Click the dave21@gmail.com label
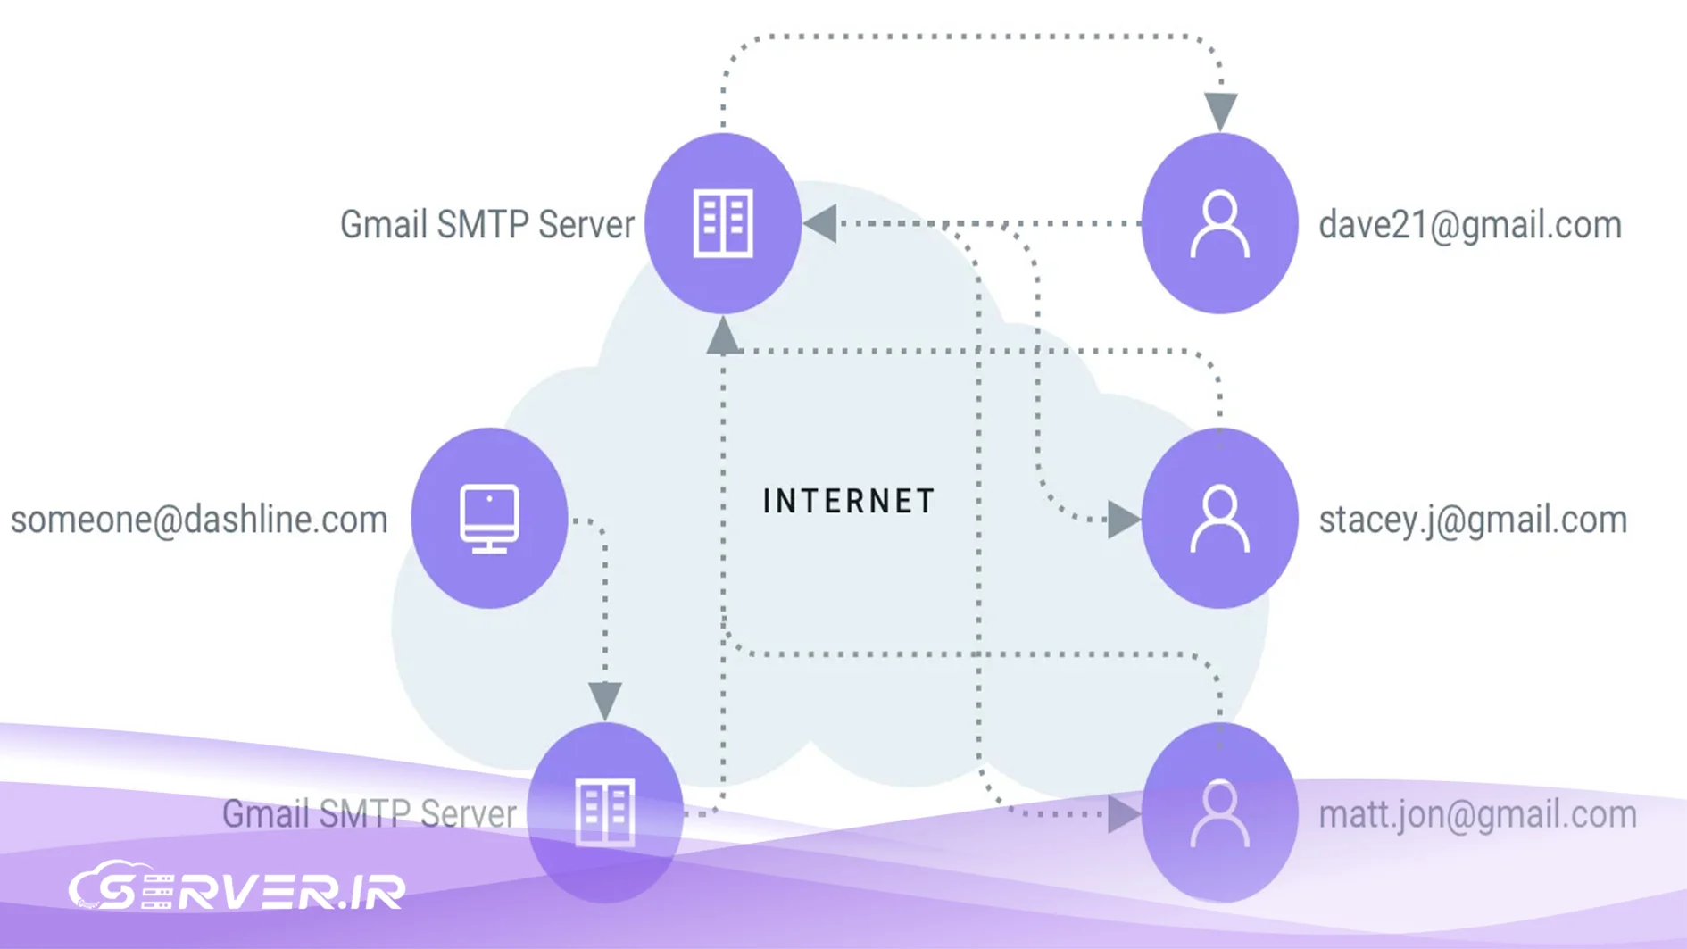tap(1469, 225)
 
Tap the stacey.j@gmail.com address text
tap(1473, 520)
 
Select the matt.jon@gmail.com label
tap(1477, 814)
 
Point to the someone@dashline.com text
tap(199, 520)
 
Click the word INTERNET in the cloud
tap(848, 501)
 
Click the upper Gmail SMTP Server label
tap(486, 225)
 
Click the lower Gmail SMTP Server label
tap(369, 814)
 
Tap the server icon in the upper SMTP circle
tap(723, 223)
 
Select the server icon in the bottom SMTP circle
tap(605, 812)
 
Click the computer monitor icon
tap(489, 518)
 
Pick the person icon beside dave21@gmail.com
tap(1219, 225)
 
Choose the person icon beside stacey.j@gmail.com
tap(1219, 519)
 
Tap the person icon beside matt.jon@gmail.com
tap(1219, 813)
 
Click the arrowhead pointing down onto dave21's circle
tap(1220, 110)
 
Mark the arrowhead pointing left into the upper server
tap(821, 223)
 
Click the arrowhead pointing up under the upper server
tap(723, 337)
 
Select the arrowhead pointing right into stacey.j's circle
tap(1122, 520)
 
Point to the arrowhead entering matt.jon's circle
tap(1122, 814)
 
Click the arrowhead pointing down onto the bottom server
tap(605, 699)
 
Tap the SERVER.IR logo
tap(237, 888)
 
